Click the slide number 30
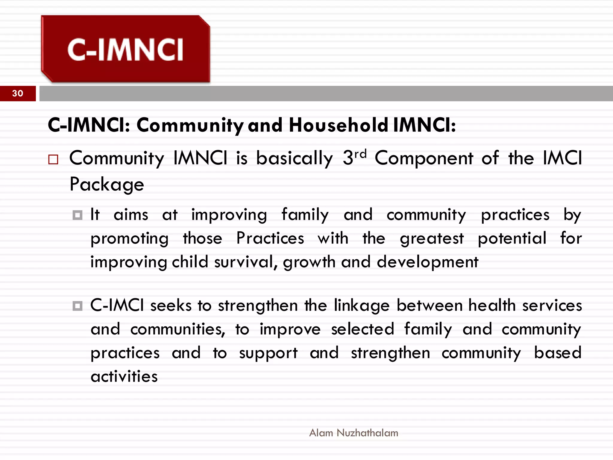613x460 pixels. click(x=18, y=93)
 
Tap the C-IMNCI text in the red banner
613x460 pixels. click(x=125, y=50)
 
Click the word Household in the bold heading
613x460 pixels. click(x=339, y=125)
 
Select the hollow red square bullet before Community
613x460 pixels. click(x=53, y=159)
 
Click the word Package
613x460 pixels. click(x=107, y=184)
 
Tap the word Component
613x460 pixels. click(x=424, y=158)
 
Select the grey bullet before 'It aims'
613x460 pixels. click(x=78, y=215)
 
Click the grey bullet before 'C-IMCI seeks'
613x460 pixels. click(x=78, y=306)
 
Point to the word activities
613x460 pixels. click(x=124, y=376)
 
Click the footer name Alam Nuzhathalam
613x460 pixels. click(x=353, y=433)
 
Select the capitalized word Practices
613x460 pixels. click(x=270, y=238)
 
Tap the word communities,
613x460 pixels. click(x=177, y=329)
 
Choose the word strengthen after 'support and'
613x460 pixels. click(x=391, y=353)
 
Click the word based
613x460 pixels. click(x=558, y=353)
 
